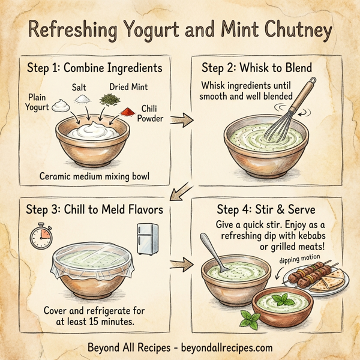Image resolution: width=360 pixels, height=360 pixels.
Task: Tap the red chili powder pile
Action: coord(128,112)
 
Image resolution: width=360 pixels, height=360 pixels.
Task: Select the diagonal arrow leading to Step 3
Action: coord(179,193)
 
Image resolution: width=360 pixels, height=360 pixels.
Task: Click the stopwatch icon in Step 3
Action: coord(40,235)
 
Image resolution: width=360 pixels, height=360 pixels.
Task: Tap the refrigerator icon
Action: coord(148,238)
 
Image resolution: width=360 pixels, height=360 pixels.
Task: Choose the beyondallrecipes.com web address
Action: coord(227,347)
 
